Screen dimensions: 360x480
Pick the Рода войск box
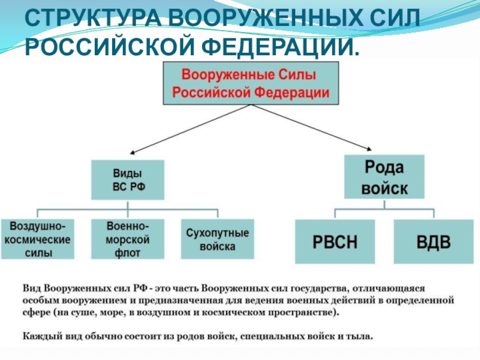click(384, 176)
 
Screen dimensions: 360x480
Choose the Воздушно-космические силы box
click(38, 239)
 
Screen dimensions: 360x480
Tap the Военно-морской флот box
click(128, 239)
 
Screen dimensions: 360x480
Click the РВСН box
click(335, 242)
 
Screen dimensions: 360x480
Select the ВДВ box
click(434, 242)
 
